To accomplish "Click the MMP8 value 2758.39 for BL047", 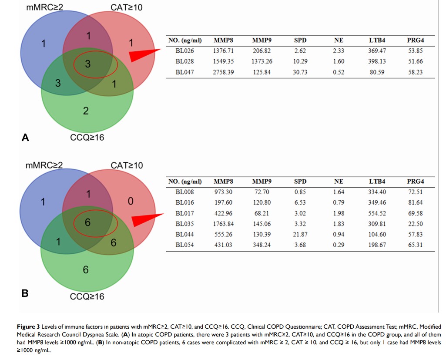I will pos(223,72).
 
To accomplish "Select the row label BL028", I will pos(184,61).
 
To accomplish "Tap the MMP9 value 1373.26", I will pos(262,61).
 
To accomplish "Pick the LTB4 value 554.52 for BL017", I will pos(377,213).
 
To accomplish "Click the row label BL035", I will pos(184,224).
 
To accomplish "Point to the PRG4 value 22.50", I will pos(415,224).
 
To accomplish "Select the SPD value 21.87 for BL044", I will pos(300,235).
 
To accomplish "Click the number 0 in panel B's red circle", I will pos(131,202).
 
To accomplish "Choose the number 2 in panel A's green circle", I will pos(86,111).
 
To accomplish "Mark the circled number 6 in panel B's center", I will pos(87,222).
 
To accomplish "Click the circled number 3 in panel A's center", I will pos(87,64).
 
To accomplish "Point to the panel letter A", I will pos(25,138).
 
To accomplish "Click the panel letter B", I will pos(25,293).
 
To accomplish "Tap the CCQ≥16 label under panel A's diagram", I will pos(87,138).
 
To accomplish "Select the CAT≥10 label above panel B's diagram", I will pos(127,165).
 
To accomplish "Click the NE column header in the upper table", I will pos(339,40).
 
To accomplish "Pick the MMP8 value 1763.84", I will pos(223,224).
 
